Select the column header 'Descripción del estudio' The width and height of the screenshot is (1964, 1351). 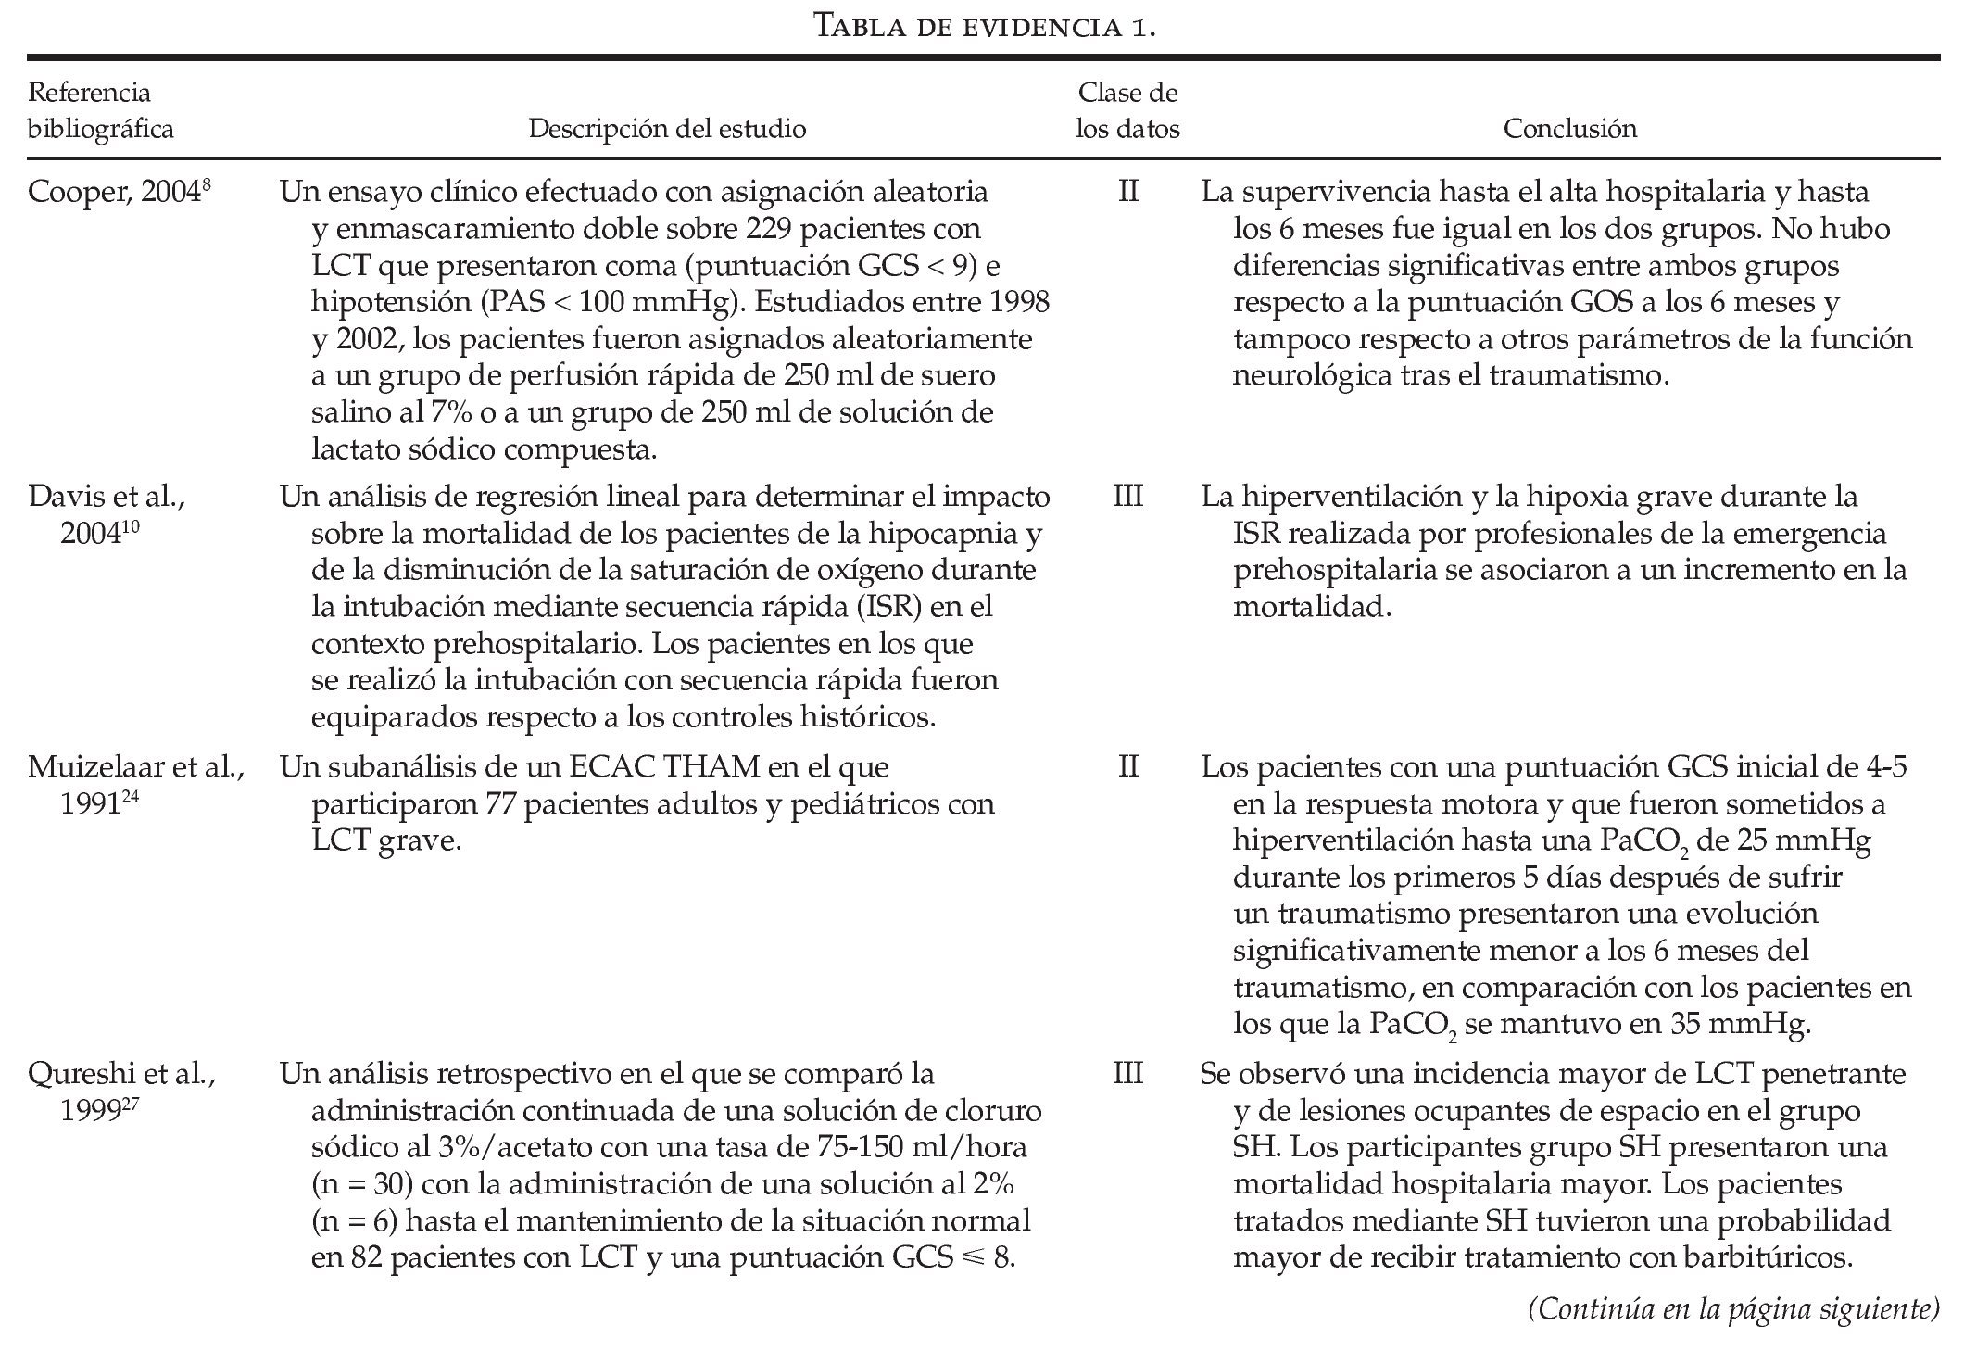[667, 128]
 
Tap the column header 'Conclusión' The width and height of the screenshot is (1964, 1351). [1569, 128]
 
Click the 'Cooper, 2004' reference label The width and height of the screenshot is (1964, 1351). [120, 192]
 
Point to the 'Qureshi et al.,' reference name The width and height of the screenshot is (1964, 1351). [121, 1074]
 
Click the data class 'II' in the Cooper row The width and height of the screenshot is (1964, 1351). [1127, 192]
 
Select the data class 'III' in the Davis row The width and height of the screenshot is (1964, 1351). [1127, 497]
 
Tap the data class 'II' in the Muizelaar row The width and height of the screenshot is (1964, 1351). [1127, 767]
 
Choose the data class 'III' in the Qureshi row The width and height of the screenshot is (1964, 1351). [1127, 1074]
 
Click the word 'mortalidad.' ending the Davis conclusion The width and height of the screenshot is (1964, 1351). [1312, 607]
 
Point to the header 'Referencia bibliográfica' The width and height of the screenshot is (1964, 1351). [100, 110]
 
